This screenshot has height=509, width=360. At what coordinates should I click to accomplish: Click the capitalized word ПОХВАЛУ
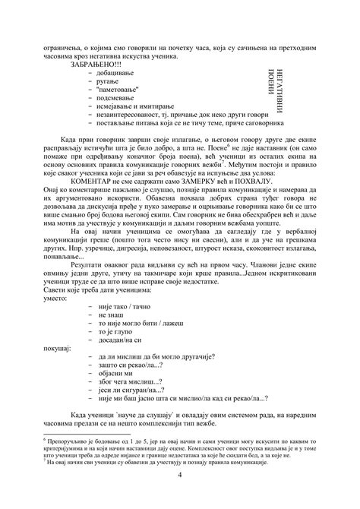[261, 204]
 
